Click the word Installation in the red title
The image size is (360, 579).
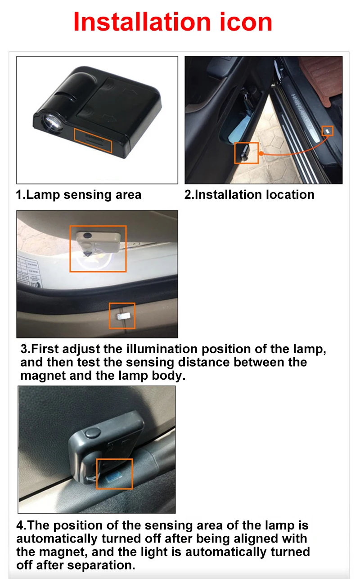(x=142, y=22)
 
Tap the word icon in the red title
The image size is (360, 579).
(x=246, y=22)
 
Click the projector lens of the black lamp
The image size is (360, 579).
(x=53, y=121)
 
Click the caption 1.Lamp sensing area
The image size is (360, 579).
(x=79, y=195)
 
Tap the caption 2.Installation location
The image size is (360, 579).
(x=249, y=195)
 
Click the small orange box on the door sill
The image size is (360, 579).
(x=328, y=131)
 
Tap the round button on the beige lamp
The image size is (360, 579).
(x=87, y=235)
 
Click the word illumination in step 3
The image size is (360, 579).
(x=162, y=349)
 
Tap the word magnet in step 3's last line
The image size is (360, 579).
(x=43, y=376)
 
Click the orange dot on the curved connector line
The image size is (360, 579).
(x=261, y=153)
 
